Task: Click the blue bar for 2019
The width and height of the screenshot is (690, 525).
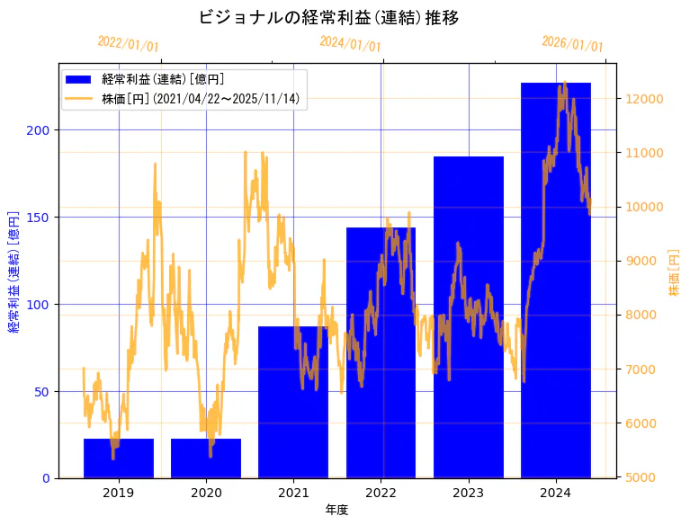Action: pos(119,458)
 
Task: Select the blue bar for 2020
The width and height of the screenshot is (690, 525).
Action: pos(206,458)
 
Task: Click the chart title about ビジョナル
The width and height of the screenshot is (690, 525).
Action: pos(328,18)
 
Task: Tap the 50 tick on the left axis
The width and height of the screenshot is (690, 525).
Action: pos(42,392)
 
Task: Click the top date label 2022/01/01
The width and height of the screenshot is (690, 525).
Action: pos(128,44)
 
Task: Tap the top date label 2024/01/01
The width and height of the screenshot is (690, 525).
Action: pos(350,44)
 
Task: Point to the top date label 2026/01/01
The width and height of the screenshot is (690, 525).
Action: pos(572,44)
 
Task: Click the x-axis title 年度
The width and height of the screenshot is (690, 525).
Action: pos(336,510)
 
